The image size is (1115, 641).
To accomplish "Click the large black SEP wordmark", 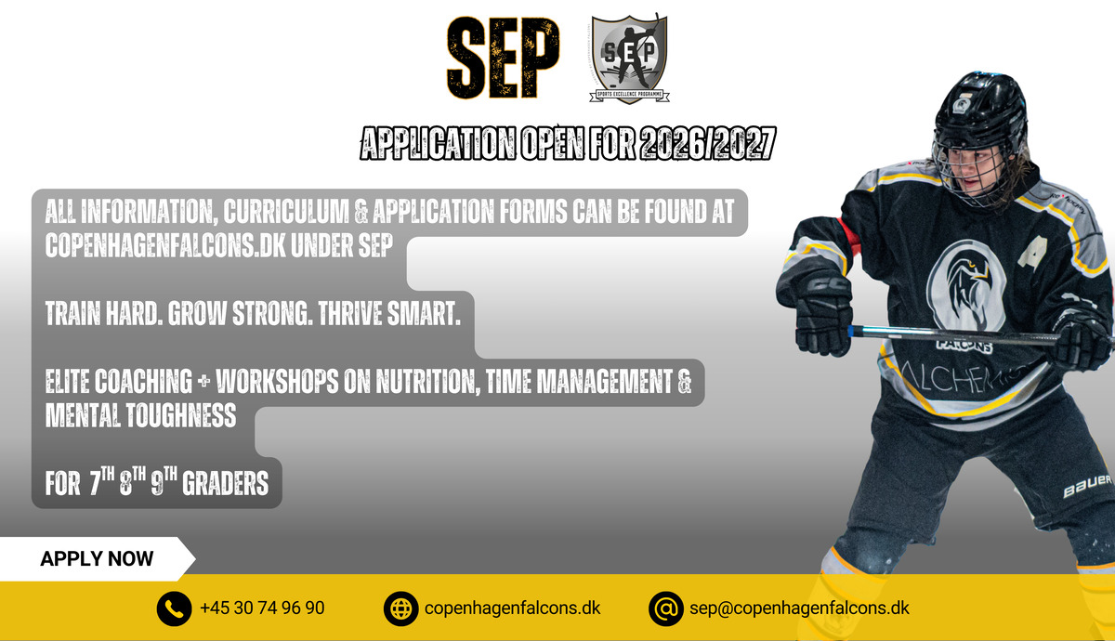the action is click(503, 58).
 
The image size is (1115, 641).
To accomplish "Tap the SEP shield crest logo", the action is click(629, 59).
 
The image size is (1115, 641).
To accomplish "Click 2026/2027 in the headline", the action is click(708, 143).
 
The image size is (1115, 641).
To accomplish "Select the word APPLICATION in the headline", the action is click(438, 143).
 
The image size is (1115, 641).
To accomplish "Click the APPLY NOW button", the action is click(97, 559).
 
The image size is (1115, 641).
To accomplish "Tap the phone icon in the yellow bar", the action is click(174, 608).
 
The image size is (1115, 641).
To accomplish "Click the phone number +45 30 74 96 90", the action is click(262, 608).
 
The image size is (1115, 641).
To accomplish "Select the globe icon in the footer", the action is click(400, 608).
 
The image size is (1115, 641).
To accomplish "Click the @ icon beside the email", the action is click(665, 608).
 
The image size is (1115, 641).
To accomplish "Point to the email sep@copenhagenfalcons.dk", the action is click(799, 608).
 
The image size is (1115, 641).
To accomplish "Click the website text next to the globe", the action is click(513, 608).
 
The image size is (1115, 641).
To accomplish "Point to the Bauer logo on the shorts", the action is click(1087, 486).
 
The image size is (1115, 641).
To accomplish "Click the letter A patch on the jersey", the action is click(1033, 253).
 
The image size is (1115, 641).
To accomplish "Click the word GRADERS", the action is click(225, 483).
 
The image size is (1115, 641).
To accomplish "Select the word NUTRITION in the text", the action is click(427, 382).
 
